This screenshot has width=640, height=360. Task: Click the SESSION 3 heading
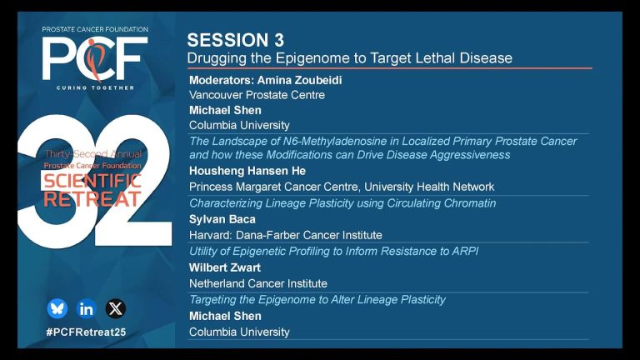236,40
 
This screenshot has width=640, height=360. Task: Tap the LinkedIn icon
86,309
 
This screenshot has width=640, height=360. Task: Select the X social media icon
116,308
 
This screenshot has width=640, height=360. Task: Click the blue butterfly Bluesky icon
57,308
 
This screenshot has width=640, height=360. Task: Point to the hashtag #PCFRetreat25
86,332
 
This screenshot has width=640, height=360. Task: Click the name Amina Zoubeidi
300,80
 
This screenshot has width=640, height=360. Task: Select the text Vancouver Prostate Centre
257,95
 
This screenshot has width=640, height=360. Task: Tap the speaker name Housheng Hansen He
247,171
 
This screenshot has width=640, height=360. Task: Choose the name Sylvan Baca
222,220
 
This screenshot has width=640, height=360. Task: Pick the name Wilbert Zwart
225,267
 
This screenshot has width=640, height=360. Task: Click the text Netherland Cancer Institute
258,283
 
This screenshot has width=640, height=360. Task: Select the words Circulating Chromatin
442,203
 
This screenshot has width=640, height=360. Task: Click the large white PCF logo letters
95,58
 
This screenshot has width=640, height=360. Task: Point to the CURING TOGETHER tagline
95,87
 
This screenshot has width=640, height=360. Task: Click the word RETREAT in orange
92,199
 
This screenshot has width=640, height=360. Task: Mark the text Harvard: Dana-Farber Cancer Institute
286,236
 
